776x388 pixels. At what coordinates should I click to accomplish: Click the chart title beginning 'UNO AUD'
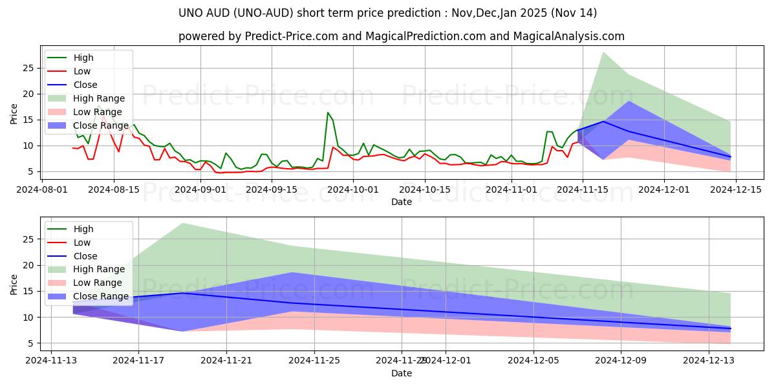coord(387,13)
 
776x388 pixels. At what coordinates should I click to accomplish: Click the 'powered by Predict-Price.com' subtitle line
coord(401,37)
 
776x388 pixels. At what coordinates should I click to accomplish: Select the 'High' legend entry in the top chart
coord(83,58)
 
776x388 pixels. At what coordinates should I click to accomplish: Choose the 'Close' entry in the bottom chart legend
coord(85,256)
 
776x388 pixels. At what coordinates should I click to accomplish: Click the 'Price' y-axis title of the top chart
coord(14,114)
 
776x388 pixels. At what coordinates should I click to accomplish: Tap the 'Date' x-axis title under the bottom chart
coord(401,373)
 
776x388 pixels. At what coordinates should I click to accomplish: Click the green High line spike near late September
coord(328,113)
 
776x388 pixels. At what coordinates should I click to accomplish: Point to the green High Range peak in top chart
coord(603,52)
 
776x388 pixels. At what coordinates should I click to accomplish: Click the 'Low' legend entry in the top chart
coord(82,71)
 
